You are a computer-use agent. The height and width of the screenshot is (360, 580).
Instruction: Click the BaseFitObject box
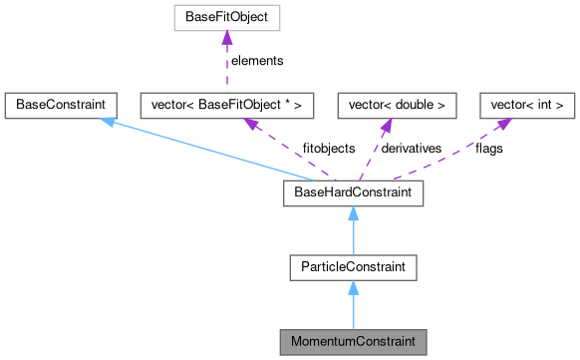tap(228, 17)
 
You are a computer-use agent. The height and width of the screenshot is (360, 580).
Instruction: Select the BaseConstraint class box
tap(60, 104)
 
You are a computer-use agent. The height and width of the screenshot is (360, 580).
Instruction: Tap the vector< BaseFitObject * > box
tap(228, 104)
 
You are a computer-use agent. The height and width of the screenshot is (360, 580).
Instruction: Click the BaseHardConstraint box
tap(353, 190)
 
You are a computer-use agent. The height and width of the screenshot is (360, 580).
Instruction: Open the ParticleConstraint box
tap(353, 266)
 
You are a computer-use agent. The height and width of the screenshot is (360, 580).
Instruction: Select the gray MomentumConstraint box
tap(353, 341)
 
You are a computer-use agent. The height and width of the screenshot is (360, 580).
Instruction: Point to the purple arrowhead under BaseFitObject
tap(228, 37)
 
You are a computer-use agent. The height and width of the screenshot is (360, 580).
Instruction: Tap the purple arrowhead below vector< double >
tap(386, 123)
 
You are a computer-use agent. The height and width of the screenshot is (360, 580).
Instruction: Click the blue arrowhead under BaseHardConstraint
tap(353, 211)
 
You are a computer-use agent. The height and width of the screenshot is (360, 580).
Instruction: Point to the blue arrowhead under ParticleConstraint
tap(353, 287)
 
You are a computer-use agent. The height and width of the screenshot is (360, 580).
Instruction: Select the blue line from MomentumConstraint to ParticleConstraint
tap(353, 311)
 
